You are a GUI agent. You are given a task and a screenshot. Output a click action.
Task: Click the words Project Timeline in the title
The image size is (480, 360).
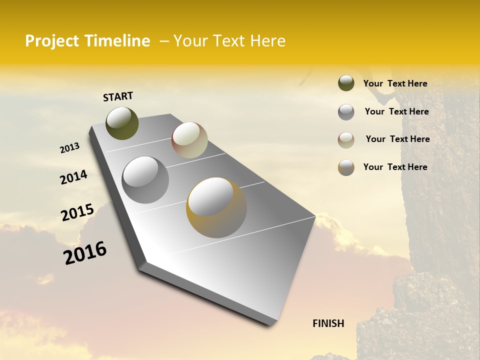[x=87, y=41]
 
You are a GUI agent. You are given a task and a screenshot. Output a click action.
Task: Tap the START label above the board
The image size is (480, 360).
[x=118, y=96]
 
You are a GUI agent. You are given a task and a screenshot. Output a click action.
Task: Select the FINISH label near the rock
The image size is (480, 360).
[x=328, y=323]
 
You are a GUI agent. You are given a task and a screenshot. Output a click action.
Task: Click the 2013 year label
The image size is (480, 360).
[x=70, y=148]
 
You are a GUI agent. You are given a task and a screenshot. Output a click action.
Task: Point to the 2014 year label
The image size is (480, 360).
[x=73, y=177]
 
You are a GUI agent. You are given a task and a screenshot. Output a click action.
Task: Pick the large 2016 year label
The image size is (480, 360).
[x=85, y=253]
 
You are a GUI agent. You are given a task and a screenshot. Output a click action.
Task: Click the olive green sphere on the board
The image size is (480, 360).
[x=122, y=123]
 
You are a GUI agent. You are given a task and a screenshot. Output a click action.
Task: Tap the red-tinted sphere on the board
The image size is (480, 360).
[x=189, y=140]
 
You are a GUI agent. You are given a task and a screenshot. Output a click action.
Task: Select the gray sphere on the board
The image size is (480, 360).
[x=145, y=180]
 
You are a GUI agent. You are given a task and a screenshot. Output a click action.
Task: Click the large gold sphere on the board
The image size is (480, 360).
[x=216, y=207]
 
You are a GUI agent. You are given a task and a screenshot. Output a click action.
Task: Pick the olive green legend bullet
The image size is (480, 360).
[x=346, y=83]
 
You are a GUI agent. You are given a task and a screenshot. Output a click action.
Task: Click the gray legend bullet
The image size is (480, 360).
[x=346, y=112]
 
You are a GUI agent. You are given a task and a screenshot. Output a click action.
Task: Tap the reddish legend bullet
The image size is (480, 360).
[x=346, y=140]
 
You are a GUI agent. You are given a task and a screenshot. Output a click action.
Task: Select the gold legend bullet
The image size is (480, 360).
[x=346, y=167]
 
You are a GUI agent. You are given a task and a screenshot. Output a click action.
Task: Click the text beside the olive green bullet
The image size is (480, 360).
[x=395, y=83]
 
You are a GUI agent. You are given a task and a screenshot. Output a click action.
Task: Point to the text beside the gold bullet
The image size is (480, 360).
[x=395, y=167]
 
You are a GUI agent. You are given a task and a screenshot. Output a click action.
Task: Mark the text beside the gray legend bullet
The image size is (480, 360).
[x=396, y=111]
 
